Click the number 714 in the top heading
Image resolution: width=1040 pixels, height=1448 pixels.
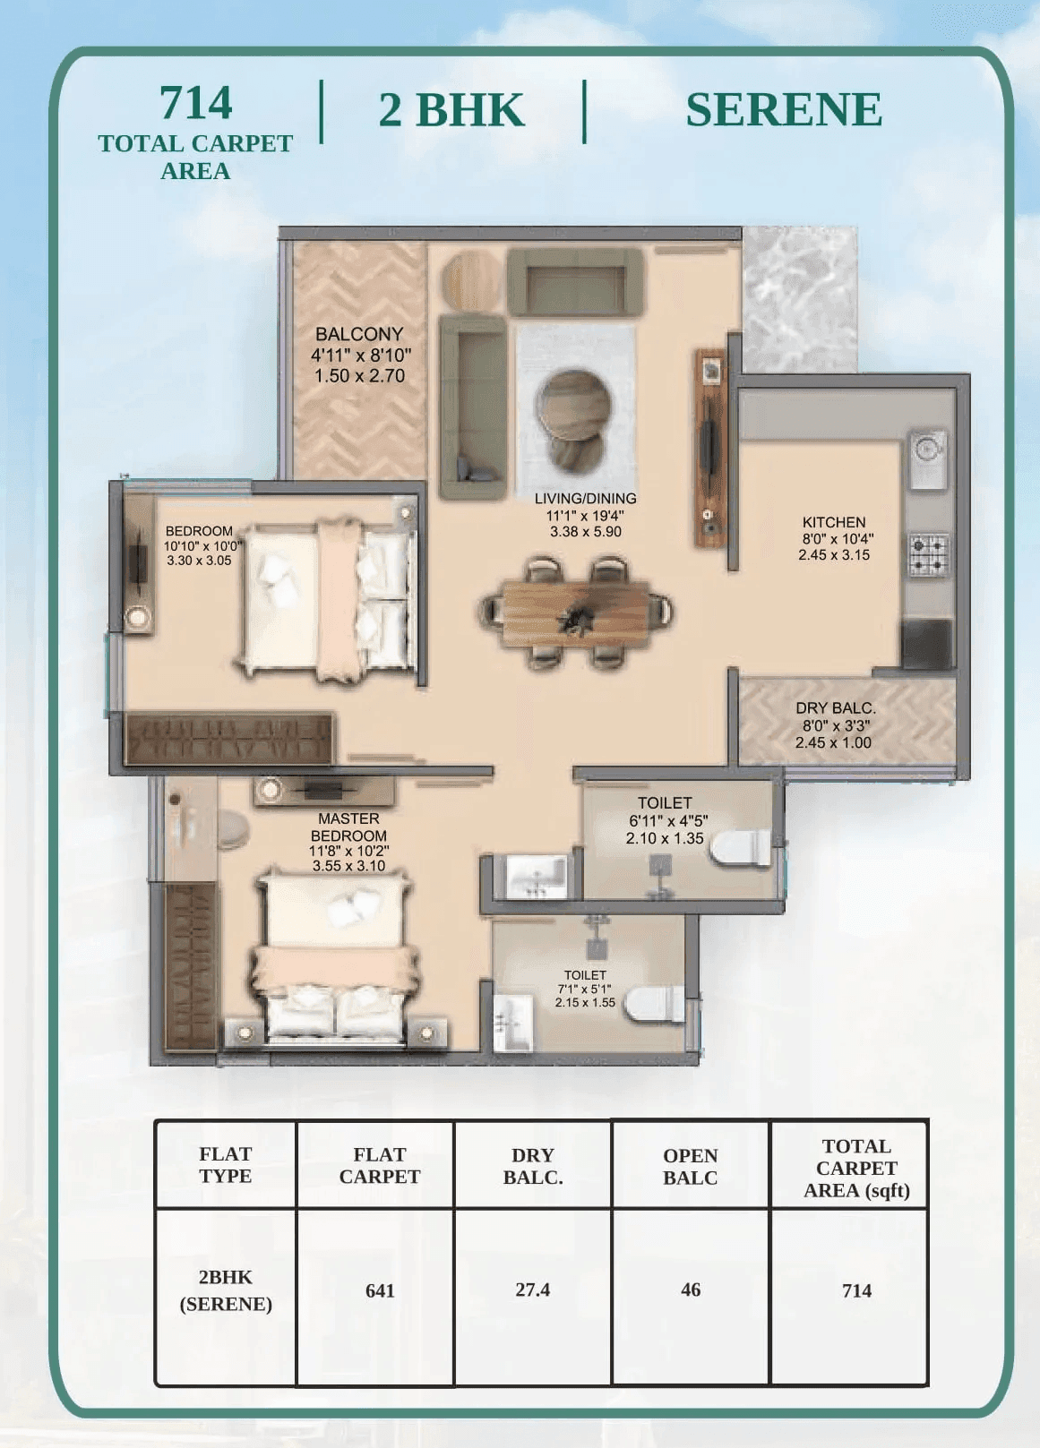click(195, 103)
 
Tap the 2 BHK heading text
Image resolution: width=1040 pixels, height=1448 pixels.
click(451, 110)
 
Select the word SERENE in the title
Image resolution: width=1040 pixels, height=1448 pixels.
click(784, 109)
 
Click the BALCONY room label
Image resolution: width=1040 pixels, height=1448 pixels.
click(359, 335)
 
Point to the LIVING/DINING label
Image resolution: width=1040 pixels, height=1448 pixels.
click(585, 499)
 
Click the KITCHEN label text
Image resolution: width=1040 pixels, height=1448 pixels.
click(833, 522)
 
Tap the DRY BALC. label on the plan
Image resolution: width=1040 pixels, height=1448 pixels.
click(835, 708)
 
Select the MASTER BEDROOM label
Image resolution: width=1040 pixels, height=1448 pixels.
click(348, 827)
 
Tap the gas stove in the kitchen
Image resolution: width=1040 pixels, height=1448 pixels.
click(929, 554)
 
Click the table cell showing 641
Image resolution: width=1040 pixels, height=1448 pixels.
click(380, 1290)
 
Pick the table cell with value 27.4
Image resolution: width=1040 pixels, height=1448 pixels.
click(532, 1289)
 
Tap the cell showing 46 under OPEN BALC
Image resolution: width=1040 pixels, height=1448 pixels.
click(691, 1289)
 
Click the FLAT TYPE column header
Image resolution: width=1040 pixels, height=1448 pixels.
click(225, 1165)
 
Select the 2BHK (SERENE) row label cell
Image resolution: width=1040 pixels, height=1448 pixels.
click(226, 1290)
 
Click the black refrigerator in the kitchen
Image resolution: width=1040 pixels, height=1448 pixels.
click(926, 642)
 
